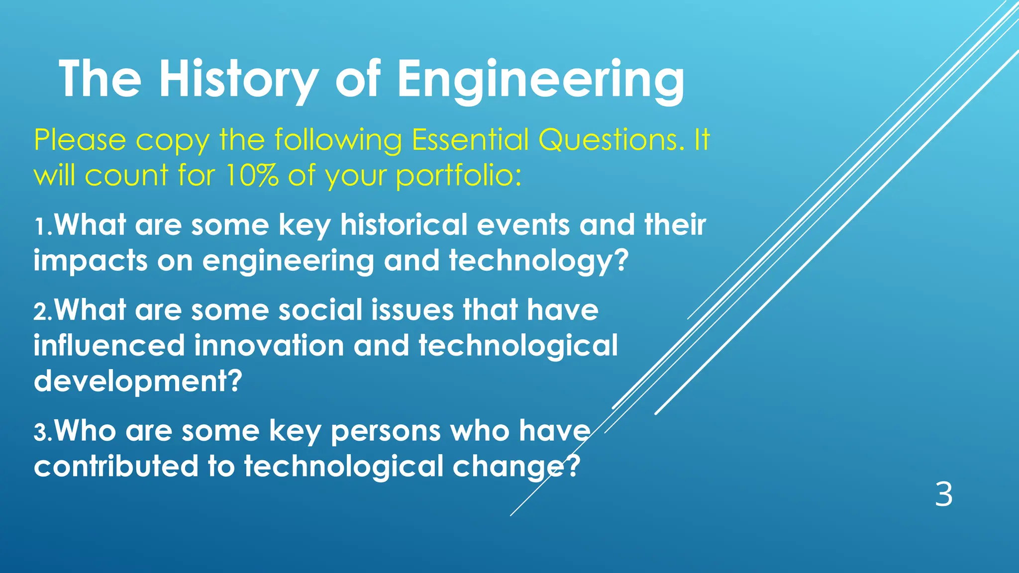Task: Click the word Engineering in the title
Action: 540,80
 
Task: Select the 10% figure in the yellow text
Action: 252,175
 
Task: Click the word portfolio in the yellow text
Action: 459,176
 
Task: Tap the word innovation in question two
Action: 269,345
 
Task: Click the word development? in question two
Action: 138,382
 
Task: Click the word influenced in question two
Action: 109,345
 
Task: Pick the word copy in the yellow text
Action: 173,141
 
